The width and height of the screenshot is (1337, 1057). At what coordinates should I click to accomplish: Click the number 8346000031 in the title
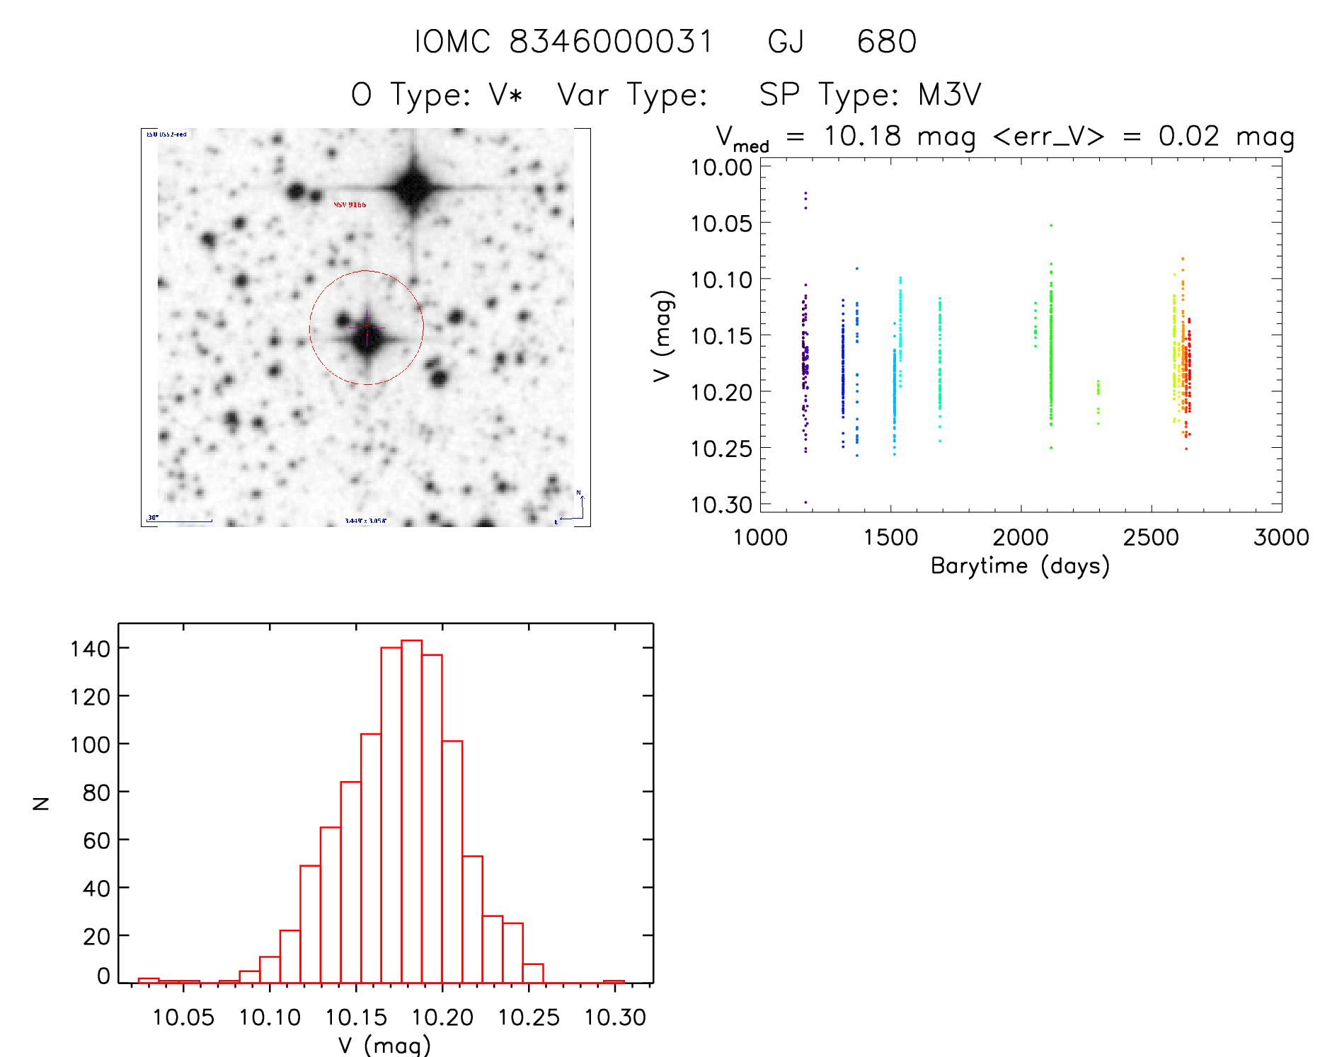[611, 41]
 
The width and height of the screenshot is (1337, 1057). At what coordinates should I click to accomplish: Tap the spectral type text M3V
[949, 95]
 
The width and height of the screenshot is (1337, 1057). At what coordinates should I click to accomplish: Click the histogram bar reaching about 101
[452, 862]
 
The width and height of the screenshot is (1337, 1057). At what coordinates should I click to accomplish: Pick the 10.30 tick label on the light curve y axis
[721, 504]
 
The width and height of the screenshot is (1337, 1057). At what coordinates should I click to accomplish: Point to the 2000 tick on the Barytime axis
[1021, 537]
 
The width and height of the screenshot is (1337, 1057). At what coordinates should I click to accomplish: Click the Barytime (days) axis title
[1020, 566]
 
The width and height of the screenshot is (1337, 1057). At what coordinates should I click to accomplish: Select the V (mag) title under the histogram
[384, 1044]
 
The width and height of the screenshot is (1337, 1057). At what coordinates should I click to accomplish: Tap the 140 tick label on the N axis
[90, 648]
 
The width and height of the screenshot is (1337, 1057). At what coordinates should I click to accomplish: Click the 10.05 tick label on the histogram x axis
[183, 1017]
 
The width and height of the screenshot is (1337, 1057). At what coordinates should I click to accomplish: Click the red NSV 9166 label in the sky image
[350, 204]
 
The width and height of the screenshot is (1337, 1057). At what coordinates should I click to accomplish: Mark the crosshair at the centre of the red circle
[367, 328]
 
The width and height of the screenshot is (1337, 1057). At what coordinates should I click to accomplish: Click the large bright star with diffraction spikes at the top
[413, 187]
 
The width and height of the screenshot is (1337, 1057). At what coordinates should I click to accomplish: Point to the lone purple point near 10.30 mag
[805, 502]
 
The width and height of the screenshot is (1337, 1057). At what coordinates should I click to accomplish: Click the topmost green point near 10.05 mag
[1051, 225]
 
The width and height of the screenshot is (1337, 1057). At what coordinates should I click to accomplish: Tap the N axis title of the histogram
[42, 803]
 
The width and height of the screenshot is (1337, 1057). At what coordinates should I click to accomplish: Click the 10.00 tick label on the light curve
[721, 168]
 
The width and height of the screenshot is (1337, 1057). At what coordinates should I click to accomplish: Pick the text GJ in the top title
[786, 41]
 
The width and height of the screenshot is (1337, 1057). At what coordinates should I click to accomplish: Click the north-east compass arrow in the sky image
[575, 509]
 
